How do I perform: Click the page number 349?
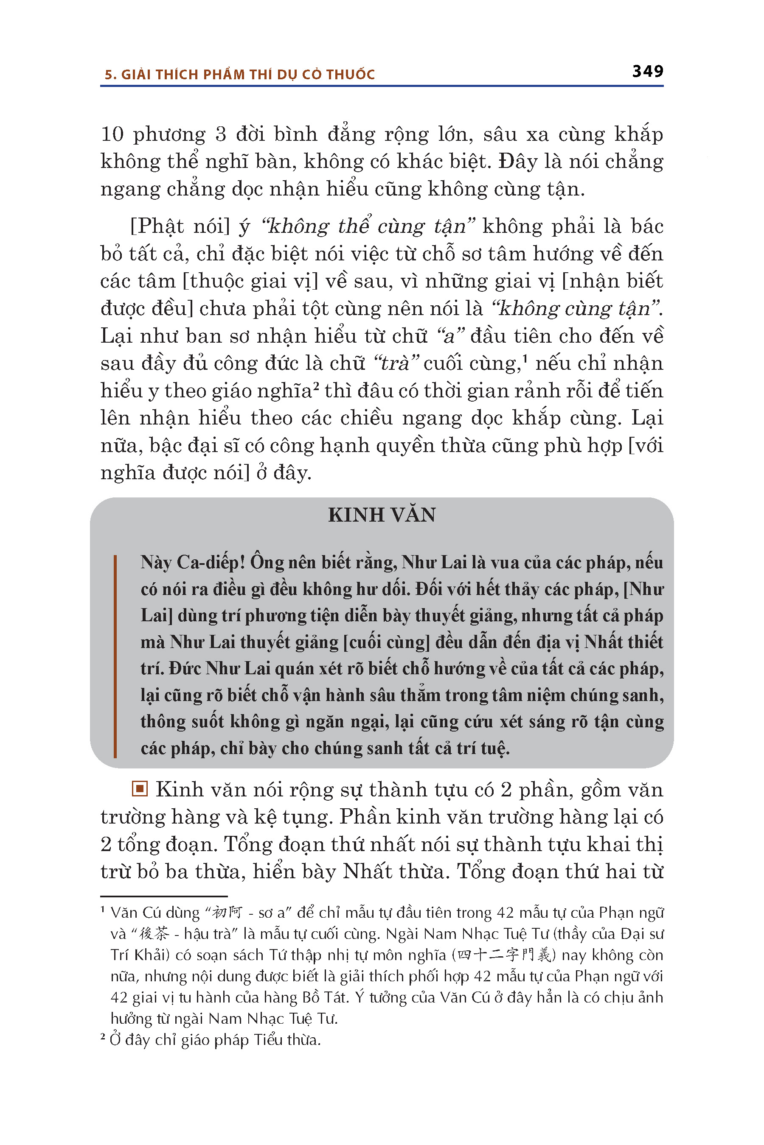(648, 72)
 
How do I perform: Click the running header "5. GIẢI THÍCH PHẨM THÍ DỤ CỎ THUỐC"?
(239, 75)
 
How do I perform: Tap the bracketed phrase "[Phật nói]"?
(180, 226)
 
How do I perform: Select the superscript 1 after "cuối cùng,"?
(525, 359)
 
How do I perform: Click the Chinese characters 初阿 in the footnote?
(227, 912)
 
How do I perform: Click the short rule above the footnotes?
(164, 896)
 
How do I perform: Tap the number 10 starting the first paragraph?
(112, 134)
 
